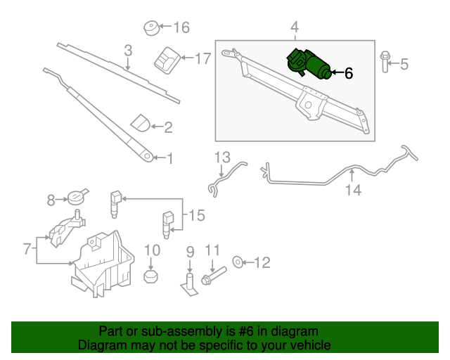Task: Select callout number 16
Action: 181,28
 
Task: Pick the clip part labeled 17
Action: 167,60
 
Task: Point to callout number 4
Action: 295,27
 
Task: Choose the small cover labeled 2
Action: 141,122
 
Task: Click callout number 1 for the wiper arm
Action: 169,159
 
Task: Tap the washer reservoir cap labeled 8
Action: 75,198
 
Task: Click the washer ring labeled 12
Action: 239,263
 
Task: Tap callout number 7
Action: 27,248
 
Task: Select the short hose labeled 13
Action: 224,179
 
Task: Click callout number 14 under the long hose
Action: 353,188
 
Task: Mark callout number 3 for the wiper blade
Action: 128,51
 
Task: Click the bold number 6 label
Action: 348,73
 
